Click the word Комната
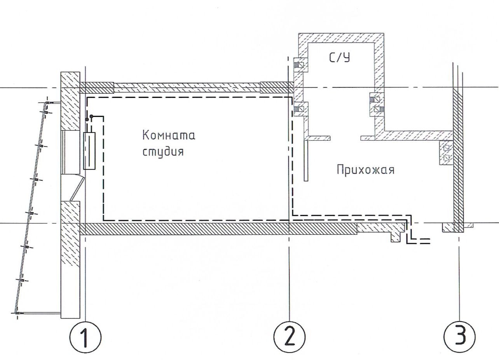(x=168, y=136)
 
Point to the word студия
(x=162, y=152)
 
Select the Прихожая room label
(x=365, y=170)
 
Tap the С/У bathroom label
(x=339, y=58)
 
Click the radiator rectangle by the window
(x=89, y=151)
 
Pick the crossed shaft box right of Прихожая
(x=446, y=153)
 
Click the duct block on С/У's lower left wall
(x=300, y=109)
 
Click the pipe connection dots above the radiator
(x=89, y=117)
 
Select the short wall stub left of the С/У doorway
(x=318, y=138)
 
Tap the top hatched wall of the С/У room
(x=341, y=38)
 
